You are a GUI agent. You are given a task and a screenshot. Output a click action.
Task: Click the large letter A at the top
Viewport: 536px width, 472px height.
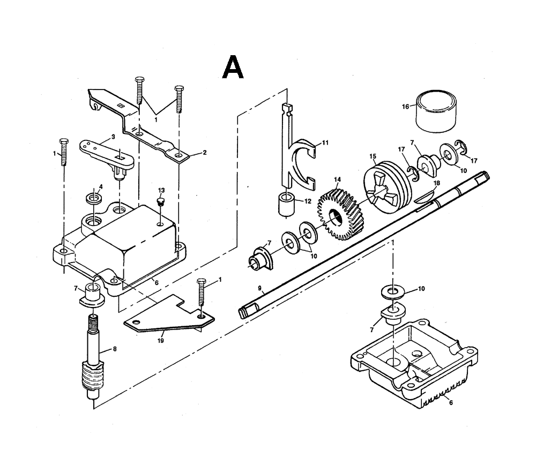[233, 68]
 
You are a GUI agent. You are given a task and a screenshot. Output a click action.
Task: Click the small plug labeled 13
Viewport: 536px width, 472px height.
[159, 202]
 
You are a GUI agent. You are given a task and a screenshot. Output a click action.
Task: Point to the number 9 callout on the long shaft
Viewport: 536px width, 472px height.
[259, 288]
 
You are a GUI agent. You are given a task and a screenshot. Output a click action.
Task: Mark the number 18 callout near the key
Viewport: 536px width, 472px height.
[437, 183]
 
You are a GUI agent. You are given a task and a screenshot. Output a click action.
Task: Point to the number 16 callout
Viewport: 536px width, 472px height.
[405, 106]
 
